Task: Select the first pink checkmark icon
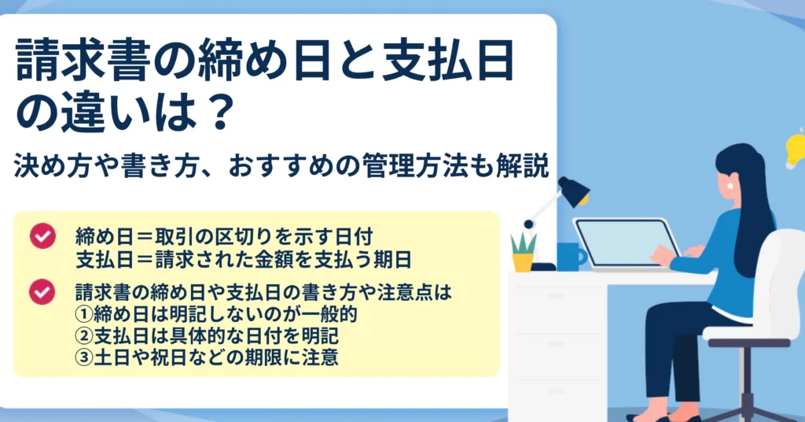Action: click(42, 236)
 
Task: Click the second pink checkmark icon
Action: click(42, 292)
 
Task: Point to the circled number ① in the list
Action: click(83, 314)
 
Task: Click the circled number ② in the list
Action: click(83, 335)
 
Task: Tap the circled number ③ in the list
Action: click(83, 357)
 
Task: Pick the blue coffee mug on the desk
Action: click(571, 257)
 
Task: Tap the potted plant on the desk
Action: click(523, 252)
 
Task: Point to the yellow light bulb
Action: click(796, 150)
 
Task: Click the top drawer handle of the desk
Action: click(557, 297)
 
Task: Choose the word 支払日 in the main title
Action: click(447, 60)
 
